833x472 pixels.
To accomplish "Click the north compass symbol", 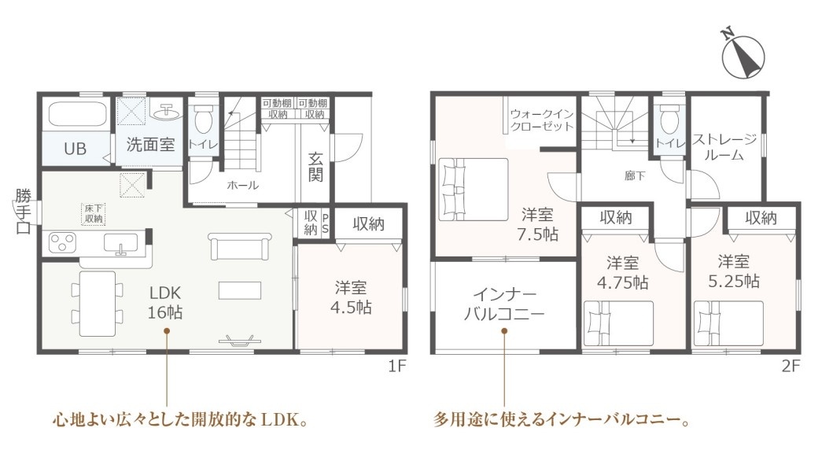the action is tap(743, 54).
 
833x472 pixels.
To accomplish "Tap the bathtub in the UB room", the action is tap(78, 114).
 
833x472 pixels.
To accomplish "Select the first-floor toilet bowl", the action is tap(203, 120).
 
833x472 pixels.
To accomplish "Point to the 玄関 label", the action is tap(315, 167).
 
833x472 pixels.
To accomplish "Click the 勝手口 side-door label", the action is tap(23, 212).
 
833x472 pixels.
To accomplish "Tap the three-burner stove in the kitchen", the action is tap(63, 242).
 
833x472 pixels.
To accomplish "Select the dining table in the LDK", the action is tap(98, 304).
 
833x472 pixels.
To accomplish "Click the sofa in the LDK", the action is tap(240, 247).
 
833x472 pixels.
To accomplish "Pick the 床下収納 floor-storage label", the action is tap(94, 214).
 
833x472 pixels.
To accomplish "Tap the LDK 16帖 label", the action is tap(165, 302).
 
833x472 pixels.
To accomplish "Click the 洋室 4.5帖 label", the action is tap(351, 297).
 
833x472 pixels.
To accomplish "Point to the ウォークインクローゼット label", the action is tap(542, 120).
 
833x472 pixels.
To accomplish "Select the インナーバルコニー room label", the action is tap(504, 304).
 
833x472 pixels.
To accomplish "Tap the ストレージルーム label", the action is tap(724, 147).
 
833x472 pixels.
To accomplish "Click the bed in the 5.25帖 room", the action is tap(729, 323).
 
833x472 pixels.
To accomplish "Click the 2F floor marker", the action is tap(791, 366).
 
